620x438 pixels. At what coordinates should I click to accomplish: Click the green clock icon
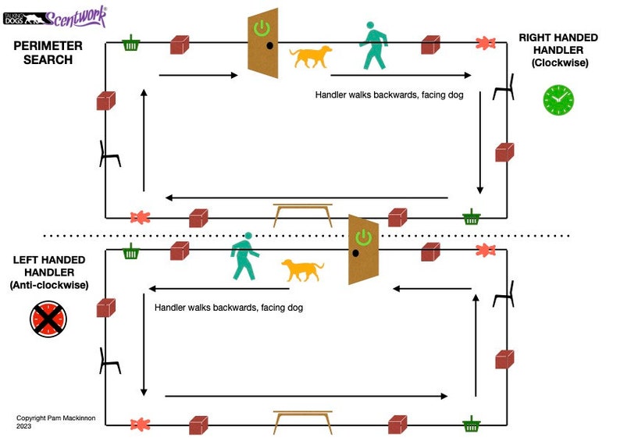(x=558, y=100)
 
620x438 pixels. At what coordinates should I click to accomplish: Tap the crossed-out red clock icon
(x=48, y=320)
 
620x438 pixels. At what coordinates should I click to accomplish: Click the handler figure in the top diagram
(x=374, y=45)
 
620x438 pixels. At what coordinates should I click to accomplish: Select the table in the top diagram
(x=302, y=213)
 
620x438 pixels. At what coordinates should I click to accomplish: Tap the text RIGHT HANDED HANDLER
(x=558, y=44)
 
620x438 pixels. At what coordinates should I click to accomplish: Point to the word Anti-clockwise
(x=49, y=286)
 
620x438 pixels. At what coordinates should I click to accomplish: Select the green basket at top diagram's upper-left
(x=132, y=44)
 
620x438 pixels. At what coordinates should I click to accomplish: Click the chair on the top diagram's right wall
(x=504, y=87)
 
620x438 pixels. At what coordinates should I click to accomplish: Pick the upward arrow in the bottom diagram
(x=475, y=344)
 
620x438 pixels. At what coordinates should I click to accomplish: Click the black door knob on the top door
(x=269, y=46)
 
